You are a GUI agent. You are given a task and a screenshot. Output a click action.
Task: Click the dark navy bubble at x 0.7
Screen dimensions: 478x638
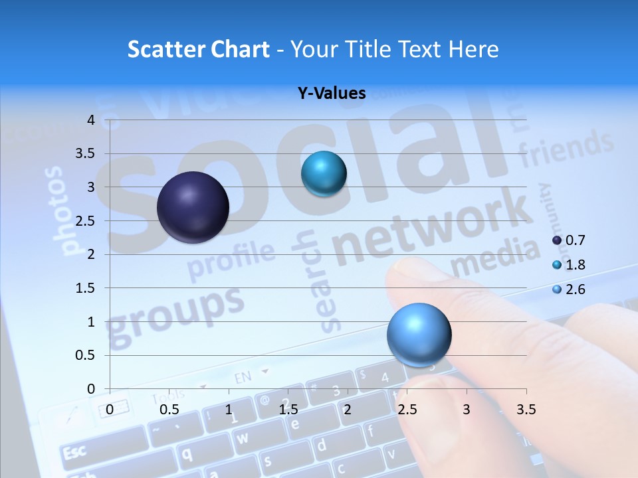(193, 207)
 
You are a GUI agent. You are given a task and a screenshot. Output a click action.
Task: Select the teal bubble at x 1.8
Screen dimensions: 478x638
(324, 174)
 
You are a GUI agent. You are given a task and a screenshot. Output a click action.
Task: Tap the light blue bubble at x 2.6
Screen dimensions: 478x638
(419, 335)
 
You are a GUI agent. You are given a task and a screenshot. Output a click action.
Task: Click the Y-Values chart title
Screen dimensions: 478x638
(332, 94)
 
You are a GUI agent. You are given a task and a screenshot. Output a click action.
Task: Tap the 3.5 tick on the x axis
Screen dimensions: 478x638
(526, 410)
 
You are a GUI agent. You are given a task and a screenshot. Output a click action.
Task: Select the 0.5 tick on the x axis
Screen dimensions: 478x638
(169, 410)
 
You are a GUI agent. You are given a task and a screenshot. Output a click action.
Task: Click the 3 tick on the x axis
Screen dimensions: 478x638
(467, 410)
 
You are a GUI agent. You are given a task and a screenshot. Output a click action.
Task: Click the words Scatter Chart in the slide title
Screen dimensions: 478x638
(198, 49)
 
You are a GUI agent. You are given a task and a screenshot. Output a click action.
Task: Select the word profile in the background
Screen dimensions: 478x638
(231, 260)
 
